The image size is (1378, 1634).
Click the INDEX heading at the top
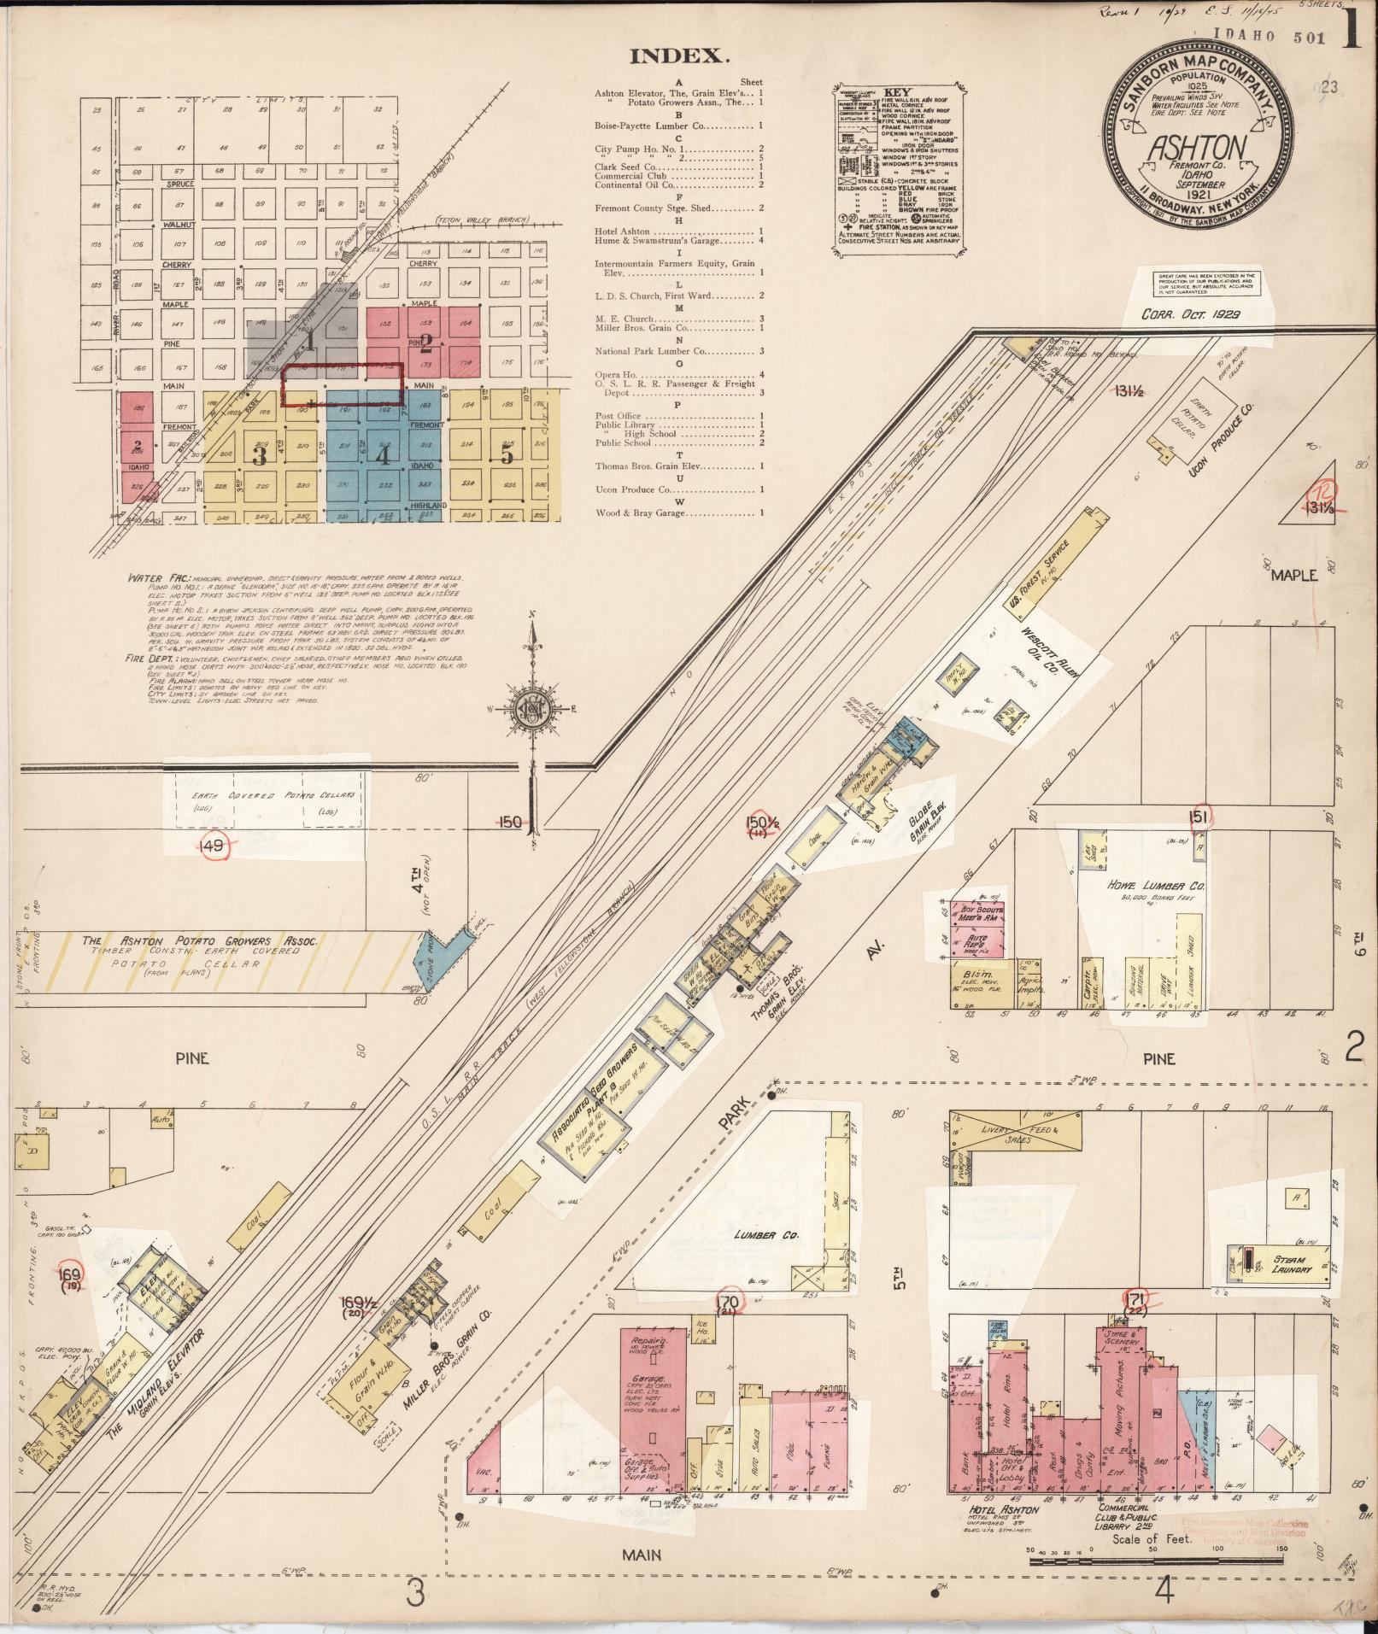[679, 57]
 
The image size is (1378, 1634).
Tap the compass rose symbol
[531, 707]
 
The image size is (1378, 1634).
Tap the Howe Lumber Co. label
[1156, 887]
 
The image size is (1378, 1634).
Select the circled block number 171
[1135, 1327]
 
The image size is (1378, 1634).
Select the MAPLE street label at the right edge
[1293, 575]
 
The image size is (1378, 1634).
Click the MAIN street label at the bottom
[641, 1554]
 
